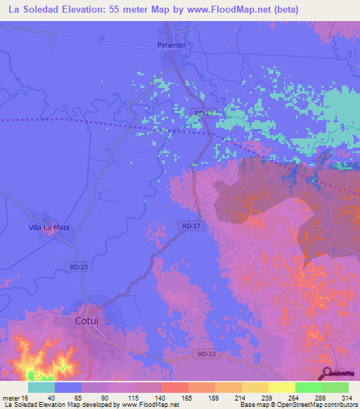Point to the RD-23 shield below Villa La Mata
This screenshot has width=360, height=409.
click(79, 267)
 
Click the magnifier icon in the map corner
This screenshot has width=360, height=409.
click(328, 372)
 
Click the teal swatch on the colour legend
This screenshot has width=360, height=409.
click(41, 387)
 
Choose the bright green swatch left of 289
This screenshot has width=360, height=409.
click(308, 387)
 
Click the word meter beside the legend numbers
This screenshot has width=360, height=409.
click(11, 398)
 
